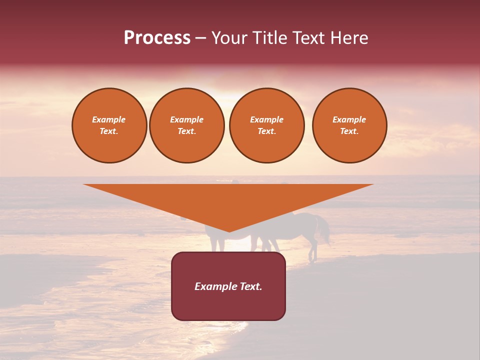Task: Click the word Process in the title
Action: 157,38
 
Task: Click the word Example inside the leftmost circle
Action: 109,119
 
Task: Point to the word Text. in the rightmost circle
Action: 349,131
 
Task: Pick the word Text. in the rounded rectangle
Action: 251,286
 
